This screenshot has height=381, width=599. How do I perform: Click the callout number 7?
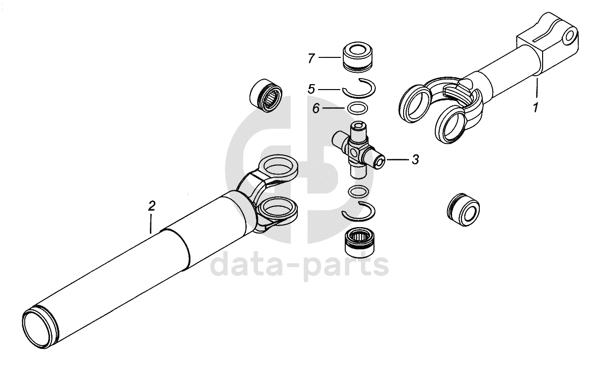[x=311, y=58]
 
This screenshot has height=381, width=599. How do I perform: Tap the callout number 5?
[x=311, y=89]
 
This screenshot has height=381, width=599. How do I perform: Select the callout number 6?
[x=316, y=108]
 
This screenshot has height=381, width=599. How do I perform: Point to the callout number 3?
[x=415, y=160]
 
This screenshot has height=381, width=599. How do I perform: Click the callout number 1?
[x=535, y=108]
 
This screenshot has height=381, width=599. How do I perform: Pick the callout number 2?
[x=152, y=206]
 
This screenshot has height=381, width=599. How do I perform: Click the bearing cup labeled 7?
[x=358, y=57]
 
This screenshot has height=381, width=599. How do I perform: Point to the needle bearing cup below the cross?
[x=360, y=243]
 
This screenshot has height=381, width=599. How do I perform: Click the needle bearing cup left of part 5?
[x=266, y=95]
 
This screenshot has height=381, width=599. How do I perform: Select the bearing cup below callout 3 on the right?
[x=463, y=209]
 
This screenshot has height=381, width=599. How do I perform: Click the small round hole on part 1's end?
[x=569, y=37]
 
